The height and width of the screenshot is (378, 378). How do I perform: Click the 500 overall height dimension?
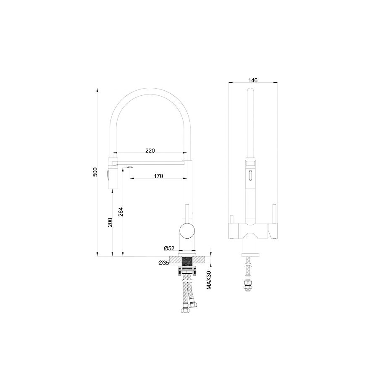point(95,172)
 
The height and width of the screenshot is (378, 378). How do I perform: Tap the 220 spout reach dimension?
point(150,151)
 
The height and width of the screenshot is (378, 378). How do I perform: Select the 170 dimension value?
point(158,176)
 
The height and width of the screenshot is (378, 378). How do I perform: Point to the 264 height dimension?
point(121,212)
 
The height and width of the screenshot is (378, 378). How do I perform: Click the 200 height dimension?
point(110,222)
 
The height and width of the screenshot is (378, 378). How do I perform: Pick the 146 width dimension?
point(253,80)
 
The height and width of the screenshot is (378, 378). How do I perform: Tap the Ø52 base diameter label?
point(169,248)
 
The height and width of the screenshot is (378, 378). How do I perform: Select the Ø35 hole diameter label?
point(164,263)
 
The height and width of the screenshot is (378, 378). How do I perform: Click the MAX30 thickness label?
point(209,280)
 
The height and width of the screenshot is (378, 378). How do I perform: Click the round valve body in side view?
point(187,231)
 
